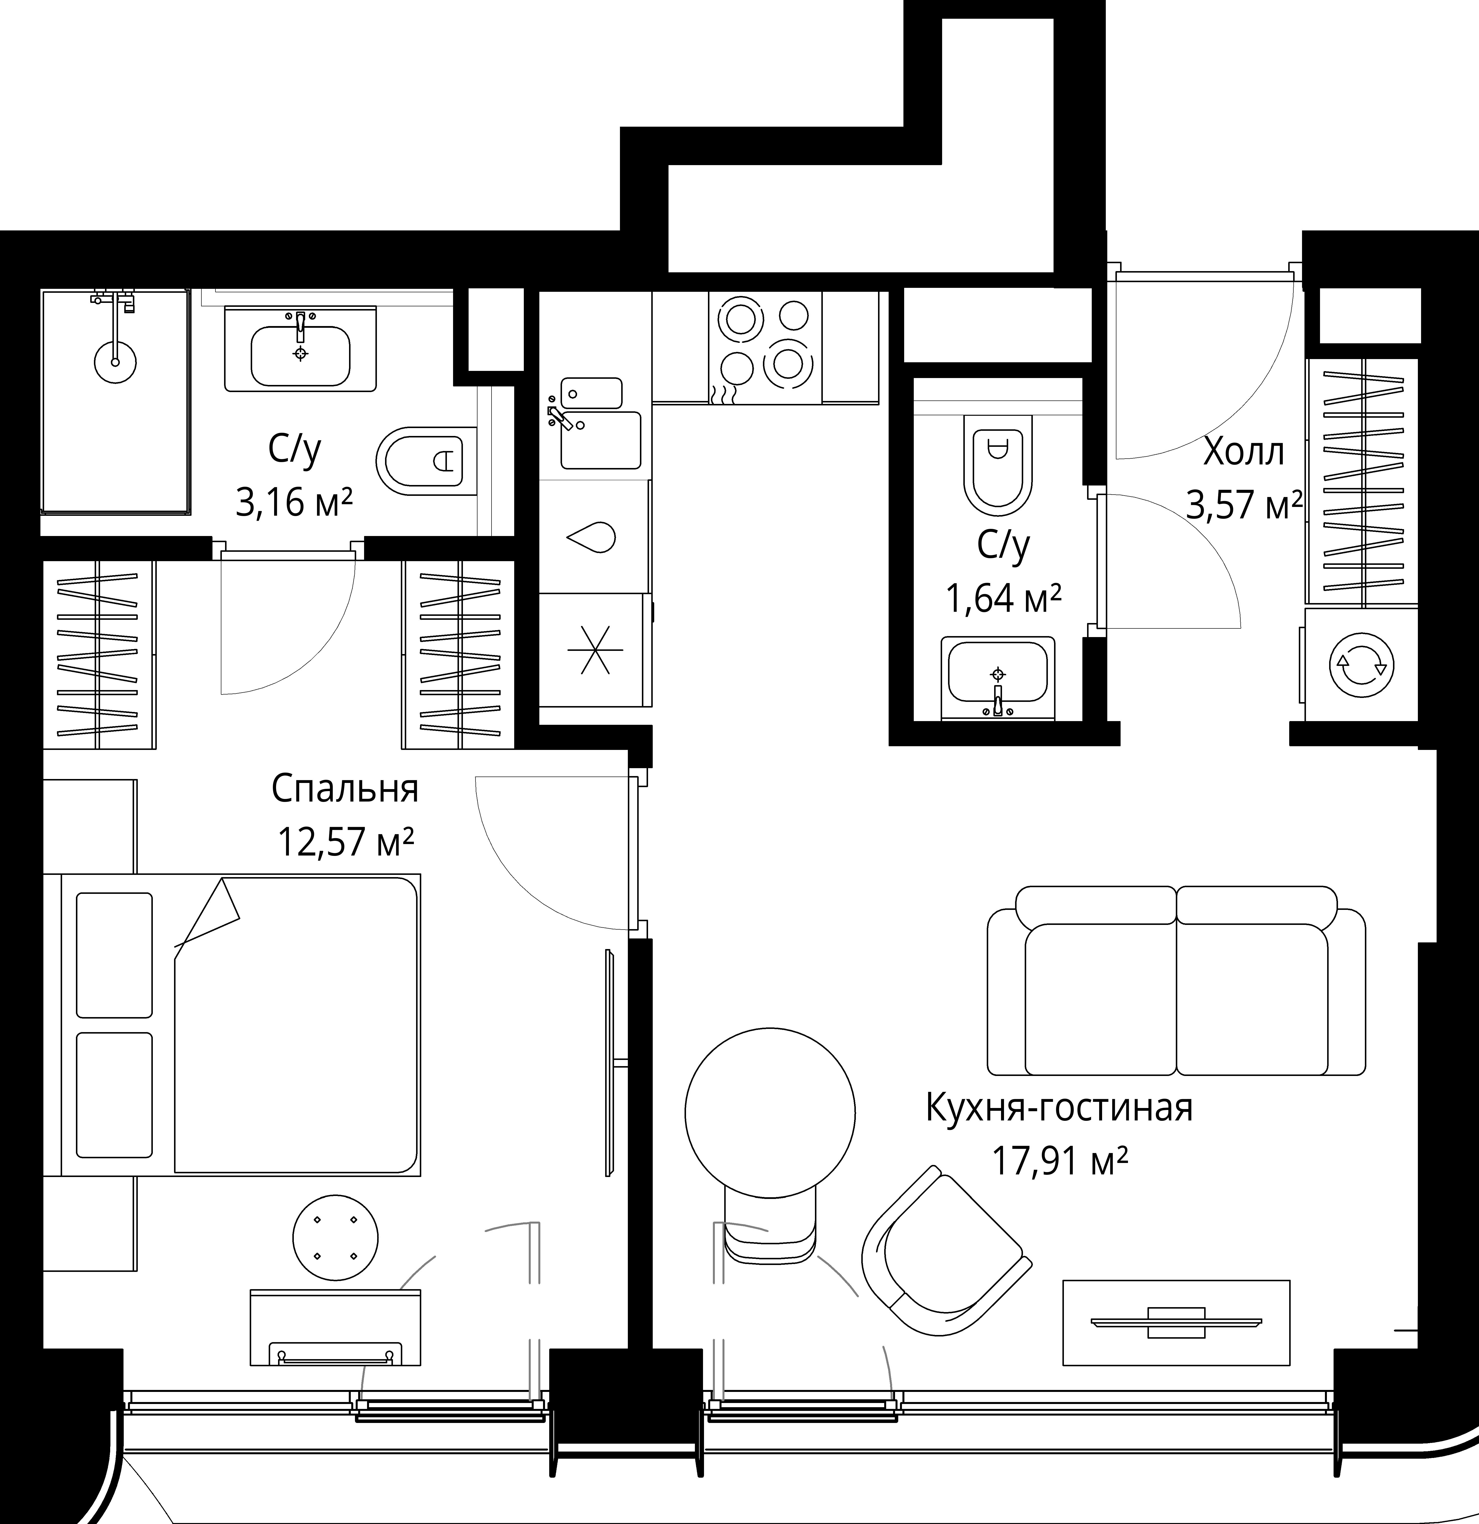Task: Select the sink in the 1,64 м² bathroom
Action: (998, 678)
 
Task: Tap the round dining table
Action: (770, 1112)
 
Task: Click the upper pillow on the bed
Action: (114, 955)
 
